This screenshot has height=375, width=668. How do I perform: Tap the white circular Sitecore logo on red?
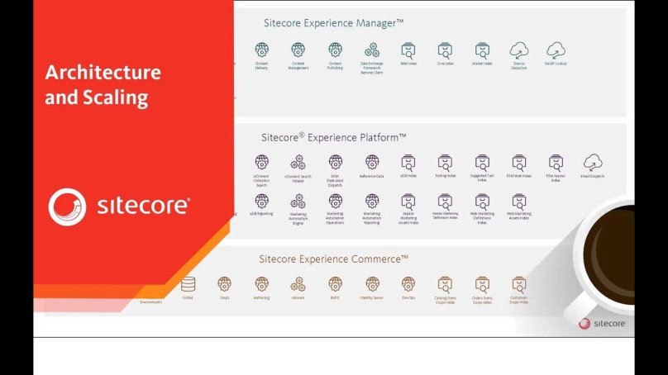point(67,206)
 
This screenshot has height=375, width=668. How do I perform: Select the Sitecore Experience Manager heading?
point(329,23)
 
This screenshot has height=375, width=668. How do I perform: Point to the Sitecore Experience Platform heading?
point(335,136)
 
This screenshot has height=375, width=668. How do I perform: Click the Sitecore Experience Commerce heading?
point(334,259)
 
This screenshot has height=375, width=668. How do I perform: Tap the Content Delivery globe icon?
point(261,50)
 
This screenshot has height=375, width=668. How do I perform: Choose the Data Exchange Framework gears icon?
point(372,50)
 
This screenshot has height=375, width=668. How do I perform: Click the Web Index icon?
point(408,50)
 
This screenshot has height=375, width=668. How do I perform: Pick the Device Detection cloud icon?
point(518,50)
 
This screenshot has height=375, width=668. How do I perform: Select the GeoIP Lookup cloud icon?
point(556,50)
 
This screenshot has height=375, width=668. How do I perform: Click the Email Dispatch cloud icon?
point(592,162)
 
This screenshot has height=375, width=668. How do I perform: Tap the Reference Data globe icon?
point(372,162)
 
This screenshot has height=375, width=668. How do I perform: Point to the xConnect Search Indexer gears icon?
point(298,162)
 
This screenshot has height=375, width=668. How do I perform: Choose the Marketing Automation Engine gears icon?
point(298,201)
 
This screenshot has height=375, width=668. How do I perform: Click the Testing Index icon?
point(446,162)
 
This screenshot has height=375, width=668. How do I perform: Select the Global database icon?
point(188,283)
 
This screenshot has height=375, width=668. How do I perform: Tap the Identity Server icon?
point(372,283)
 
